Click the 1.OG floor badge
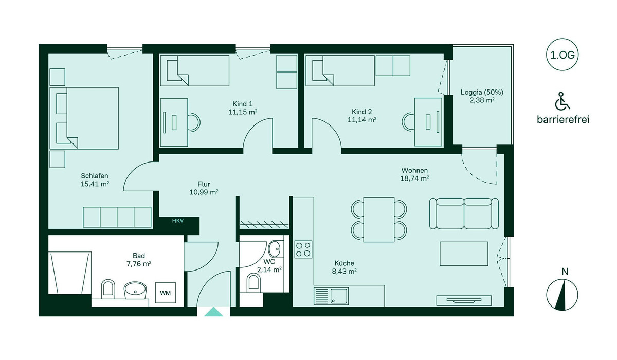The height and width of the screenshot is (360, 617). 562,55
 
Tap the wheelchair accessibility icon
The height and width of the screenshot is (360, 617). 562,101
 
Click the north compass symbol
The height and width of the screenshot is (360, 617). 562,295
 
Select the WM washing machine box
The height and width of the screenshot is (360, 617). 165,293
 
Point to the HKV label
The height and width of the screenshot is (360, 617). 178,221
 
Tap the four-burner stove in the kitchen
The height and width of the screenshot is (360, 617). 303,249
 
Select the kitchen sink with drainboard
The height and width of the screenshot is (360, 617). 331,296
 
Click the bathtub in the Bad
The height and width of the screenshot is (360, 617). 70,273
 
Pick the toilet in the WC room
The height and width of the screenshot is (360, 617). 253,282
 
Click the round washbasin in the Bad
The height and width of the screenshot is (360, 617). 135,290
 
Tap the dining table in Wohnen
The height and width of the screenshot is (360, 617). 379,220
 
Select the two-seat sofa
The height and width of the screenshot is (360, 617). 464,213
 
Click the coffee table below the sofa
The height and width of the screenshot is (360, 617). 464,254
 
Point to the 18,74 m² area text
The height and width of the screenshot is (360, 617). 414,178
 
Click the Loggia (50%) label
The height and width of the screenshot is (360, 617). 482,92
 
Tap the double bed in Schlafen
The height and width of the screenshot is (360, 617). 84,118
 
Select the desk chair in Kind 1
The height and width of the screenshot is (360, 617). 194,122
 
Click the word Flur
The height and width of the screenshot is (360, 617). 204,184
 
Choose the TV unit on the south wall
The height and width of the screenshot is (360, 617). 464,300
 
